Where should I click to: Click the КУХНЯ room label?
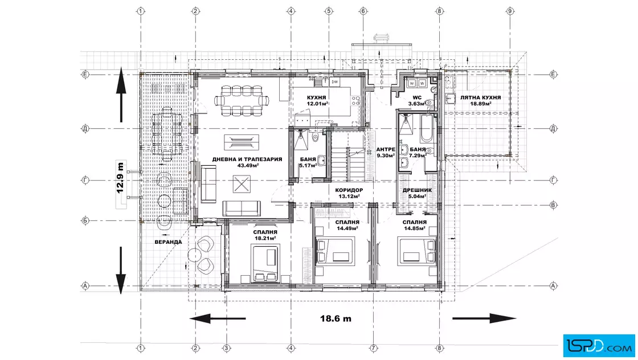pyautogui.click(x=316, y=97)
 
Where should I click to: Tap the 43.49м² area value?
pyautogui.click(x=248, y=166)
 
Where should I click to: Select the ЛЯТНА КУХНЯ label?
pyautogui.click(x=480, y=97)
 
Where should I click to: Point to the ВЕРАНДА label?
pyautogui.click(x=168, y=242)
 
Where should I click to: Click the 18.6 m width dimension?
pyautogui.click(x=336, y=318)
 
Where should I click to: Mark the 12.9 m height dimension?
pyautogui.click(x=120, y=178)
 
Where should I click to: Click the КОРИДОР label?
pyautogui.click(x=349, y=190)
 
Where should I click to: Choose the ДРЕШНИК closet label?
pyautogui.click(x=417, y=190)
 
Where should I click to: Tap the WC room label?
pyautogui.click(x=417, y=97)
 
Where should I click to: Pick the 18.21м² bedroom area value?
pyautogui.click(x=265, y=238)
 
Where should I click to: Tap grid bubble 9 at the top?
pyautogui.click(x=510, y=11)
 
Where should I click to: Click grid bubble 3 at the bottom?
pyautogui.click(x=226, y=348)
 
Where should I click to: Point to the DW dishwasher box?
pyautogui.click(x=335, y=82)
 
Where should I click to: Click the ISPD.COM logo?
pyautogui.click(x=599, y=346)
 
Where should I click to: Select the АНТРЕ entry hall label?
pyautogui.click(x=385, y=149)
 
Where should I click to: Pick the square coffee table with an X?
pyautogui.click(x=242, y=184)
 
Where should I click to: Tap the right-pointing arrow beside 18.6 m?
pyautogui.click(x=485, y=318)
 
